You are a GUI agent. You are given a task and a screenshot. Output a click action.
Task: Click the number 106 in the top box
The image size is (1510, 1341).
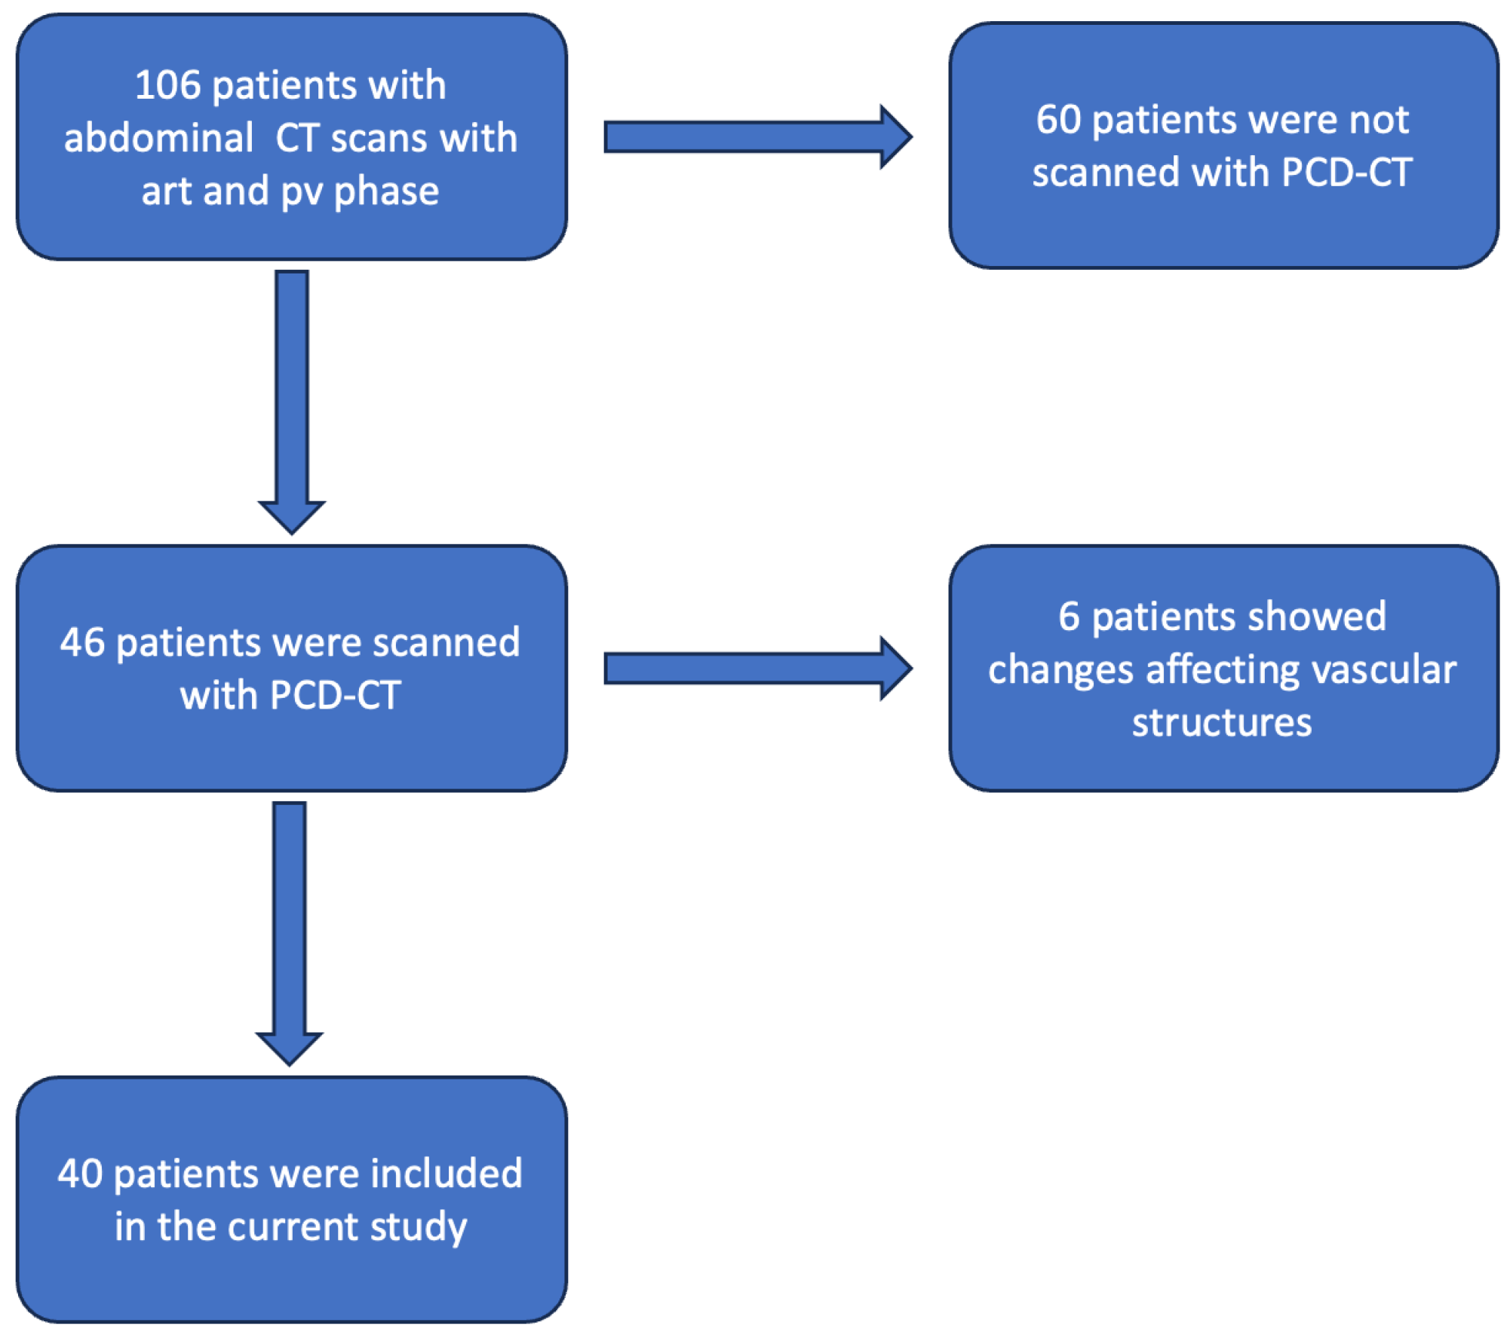(167, 85)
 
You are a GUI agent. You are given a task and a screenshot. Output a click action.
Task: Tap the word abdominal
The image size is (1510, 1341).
(158, 139)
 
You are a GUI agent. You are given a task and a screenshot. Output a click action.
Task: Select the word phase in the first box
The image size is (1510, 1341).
(386, 192)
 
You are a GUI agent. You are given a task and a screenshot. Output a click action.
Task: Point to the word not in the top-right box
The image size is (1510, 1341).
(1378, 120)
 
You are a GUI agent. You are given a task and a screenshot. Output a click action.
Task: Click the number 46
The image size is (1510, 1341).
(82, 643)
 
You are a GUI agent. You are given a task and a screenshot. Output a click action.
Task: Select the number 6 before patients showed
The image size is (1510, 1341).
(1069, 617)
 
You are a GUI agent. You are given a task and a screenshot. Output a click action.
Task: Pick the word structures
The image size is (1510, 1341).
(1222, 723)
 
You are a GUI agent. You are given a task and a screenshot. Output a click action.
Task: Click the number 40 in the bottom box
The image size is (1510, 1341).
(80, 1174)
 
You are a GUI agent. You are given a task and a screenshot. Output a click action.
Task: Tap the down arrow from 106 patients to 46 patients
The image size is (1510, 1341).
(292, 400)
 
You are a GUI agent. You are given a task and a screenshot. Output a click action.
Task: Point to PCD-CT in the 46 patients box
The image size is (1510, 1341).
(335, 696)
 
